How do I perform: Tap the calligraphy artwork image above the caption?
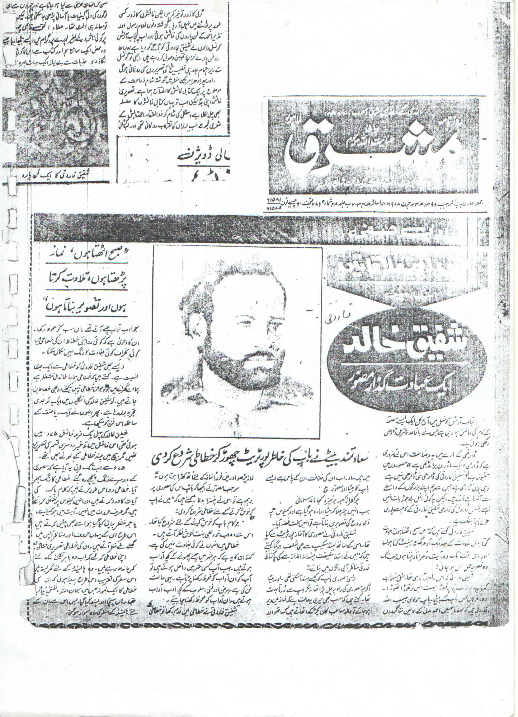coord(55,120)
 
